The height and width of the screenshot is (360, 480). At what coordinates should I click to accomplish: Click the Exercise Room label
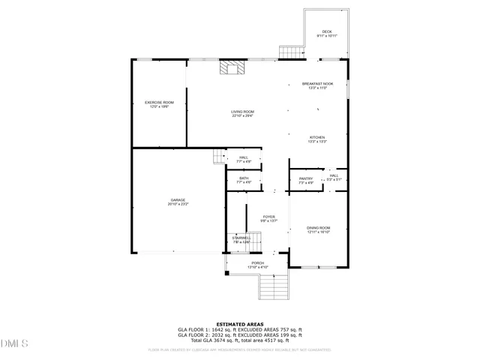click(159, 104)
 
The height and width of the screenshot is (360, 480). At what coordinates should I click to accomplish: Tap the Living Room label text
click(242, 113)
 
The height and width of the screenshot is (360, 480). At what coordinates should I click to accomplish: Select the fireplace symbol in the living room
click(232, 68)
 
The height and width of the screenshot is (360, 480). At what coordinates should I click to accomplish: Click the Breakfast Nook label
click(317, 85)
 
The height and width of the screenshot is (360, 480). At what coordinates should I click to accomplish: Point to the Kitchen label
click(317, 139)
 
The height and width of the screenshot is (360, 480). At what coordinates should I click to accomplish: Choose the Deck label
click(326, 33)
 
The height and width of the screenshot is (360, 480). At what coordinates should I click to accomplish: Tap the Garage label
click(178, 202)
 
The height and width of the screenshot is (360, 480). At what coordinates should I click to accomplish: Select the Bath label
click(244, 180)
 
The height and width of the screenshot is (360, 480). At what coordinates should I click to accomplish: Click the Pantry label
click(306, 180)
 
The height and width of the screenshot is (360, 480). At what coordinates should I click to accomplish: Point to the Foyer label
click(268, 218)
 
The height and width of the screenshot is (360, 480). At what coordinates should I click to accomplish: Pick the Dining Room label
click(318, 229)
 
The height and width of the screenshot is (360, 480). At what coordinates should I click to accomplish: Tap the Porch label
click(257, 265)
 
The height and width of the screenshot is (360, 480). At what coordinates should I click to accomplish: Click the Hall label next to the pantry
click(334, 178)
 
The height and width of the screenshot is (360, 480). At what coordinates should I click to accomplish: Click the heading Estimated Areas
click(239, 324)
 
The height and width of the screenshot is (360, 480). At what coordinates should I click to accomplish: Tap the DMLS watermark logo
click(13, 343)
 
